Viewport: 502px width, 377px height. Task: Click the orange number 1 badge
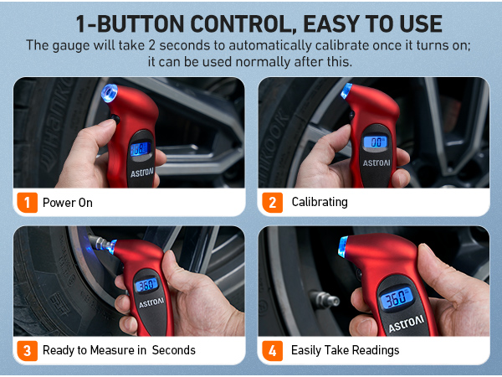26,202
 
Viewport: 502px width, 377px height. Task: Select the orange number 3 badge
26,349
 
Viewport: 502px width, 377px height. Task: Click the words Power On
68,203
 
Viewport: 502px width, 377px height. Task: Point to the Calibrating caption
320,203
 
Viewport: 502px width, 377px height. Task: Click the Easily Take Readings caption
346,350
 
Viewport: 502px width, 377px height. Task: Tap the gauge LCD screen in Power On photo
139,149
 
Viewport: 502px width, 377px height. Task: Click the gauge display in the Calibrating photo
378,142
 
